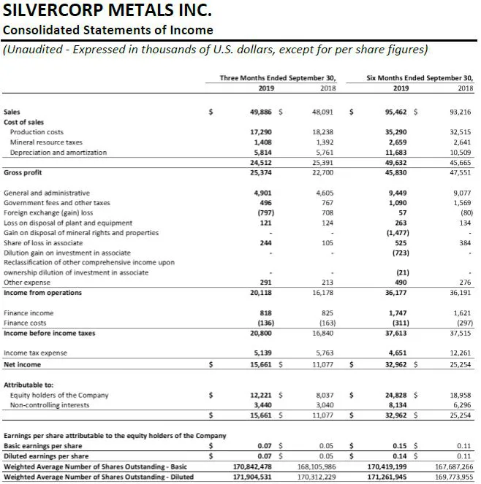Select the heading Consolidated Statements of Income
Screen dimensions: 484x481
point(108,30)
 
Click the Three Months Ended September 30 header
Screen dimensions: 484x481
point(279,77)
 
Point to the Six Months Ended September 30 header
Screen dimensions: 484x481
point(420,77)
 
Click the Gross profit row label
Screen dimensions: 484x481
point(23,172)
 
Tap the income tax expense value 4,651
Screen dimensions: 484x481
point(394,353)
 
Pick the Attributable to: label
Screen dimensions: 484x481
point(29,384)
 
